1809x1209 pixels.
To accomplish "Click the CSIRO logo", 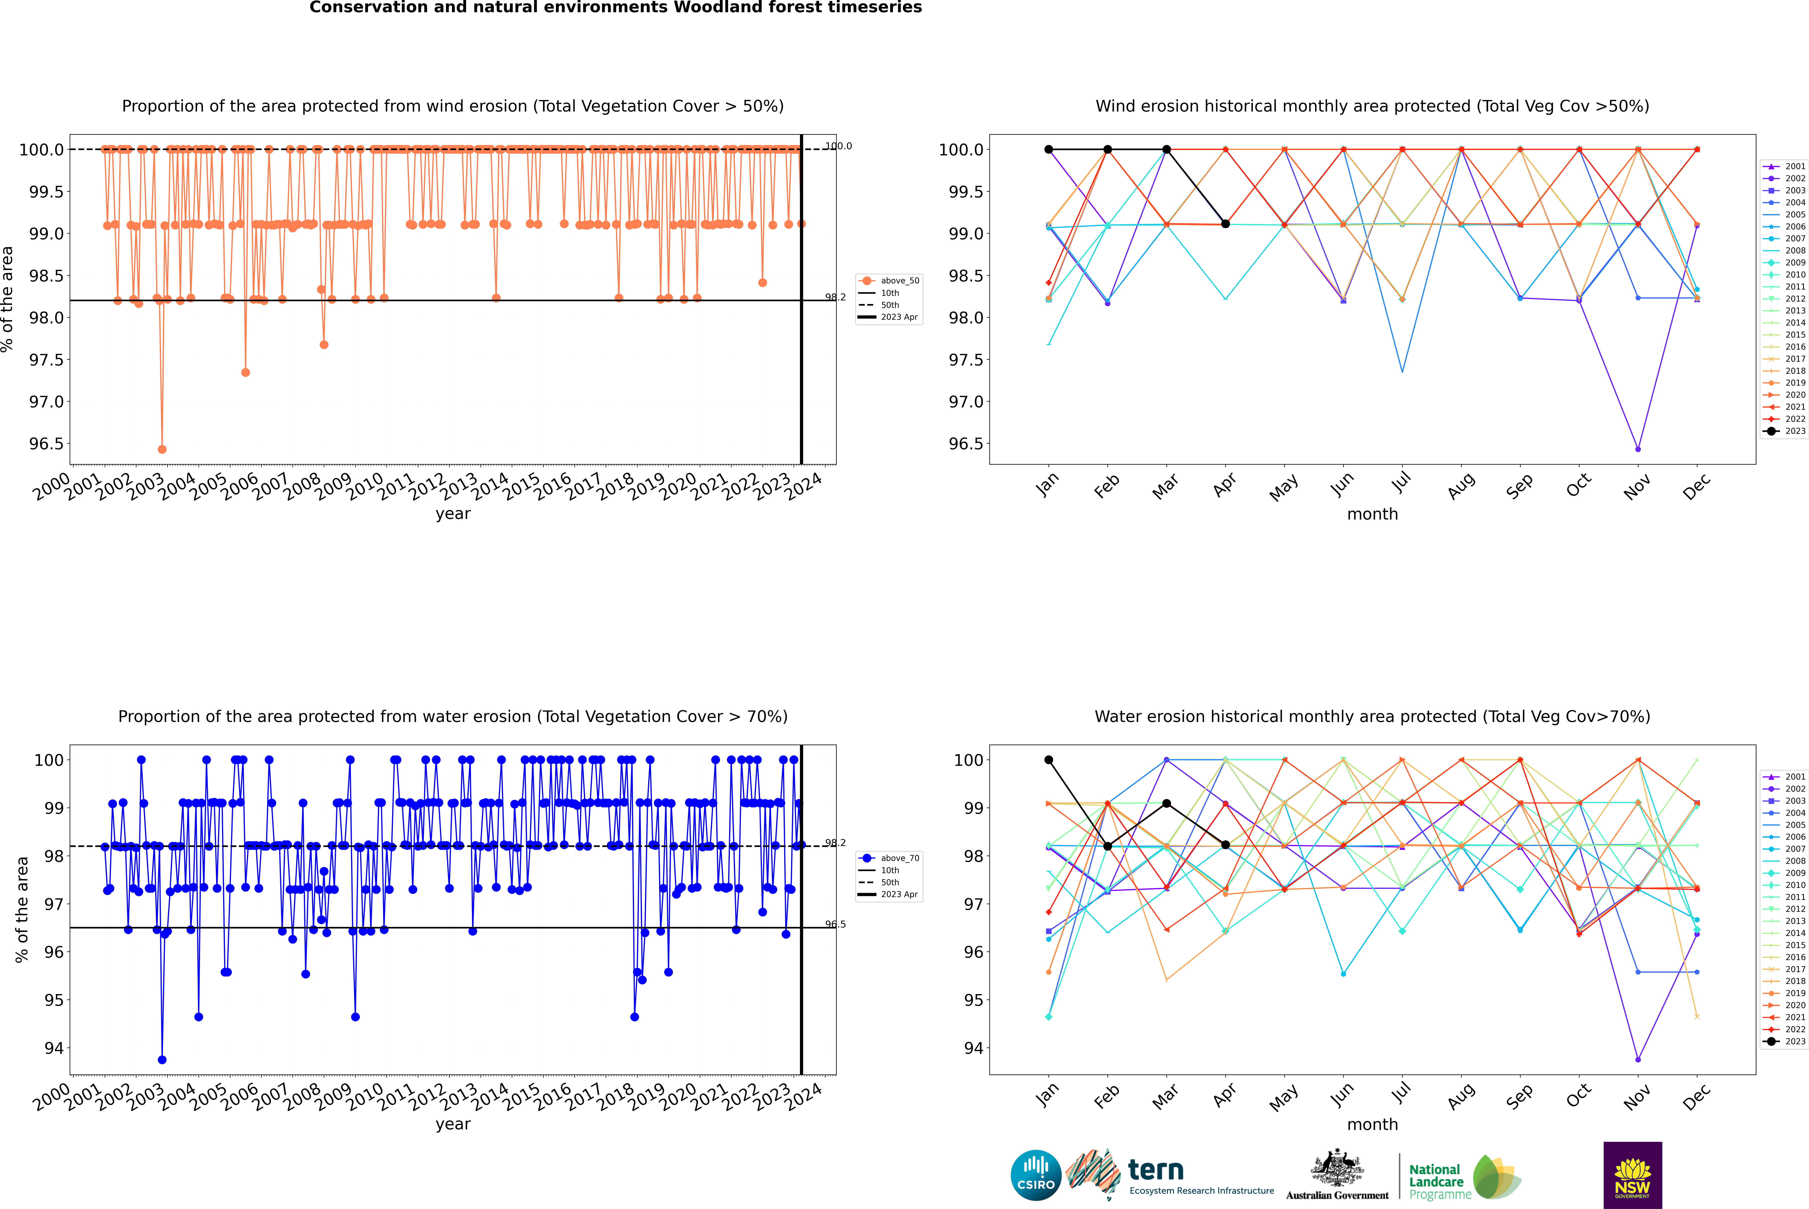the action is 1036,1175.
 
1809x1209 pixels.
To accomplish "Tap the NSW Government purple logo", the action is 1632,1175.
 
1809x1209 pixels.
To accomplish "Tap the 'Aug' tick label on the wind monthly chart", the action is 1461,487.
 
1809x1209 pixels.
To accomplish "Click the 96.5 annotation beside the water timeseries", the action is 835,924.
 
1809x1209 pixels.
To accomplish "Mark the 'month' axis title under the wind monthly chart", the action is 1372,514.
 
